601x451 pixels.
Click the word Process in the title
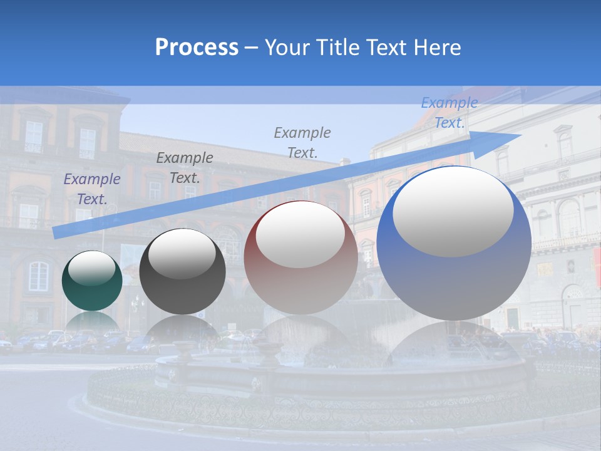pos(197,48)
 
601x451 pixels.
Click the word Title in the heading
pos(335,48)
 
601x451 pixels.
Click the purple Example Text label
pos(92,189)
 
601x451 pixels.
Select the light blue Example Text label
pos(449,113)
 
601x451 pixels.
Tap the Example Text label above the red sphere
pos(302,142)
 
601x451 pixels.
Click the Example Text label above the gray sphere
pos(185,167)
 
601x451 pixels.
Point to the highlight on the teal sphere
pos(92,267)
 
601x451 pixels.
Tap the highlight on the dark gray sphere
pos(182,254)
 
